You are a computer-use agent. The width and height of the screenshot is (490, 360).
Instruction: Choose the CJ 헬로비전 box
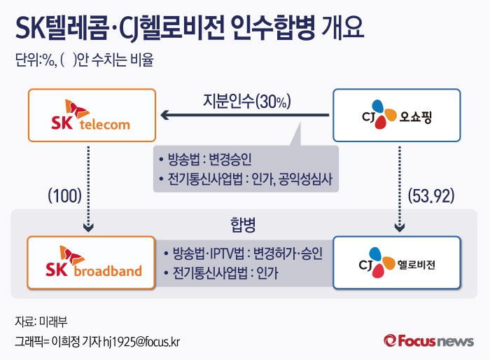(x=396, y=262)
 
